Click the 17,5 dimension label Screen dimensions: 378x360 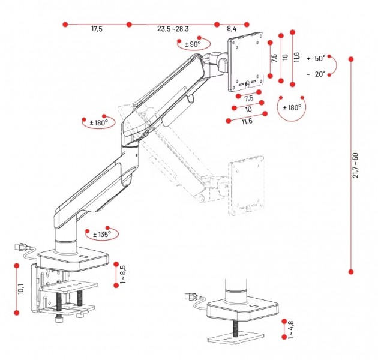click(x=97, y=29)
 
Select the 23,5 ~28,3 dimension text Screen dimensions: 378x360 click(x=173, y=29)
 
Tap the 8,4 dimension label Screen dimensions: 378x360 click(x=232, y=29)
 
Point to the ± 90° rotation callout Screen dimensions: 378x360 click(x=193, y=44)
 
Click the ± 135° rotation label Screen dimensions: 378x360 click(x=102, y=234)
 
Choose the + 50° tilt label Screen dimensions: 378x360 click(x=316, y=58)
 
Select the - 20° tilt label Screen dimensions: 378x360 click(x=316, y=74)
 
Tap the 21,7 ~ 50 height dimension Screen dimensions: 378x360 click(x=356, y=165)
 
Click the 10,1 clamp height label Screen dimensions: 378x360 click(x=21, y=289)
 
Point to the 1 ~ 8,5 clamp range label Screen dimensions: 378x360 click(x=122, y=274)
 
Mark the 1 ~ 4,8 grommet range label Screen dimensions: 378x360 click(x=291, y=329)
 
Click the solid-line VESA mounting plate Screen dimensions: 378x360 click(x=245, y=61)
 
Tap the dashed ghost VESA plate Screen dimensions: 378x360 click(x=246, y=185)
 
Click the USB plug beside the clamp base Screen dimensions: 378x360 click(x=22, y=247)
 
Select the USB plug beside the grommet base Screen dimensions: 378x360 click(x=191, y=296)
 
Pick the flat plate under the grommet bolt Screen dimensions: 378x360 click(x=236, y=339)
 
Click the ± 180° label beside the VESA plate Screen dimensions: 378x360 click(x=292, y=107)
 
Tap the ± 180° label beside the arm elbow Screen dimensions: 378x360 click(x=99, y=123)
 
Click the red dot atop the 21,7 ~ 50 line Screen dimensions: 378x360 click(x=351, y=59)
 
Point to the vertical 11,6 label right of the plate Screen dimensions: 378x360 click(x=296, y=58)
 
